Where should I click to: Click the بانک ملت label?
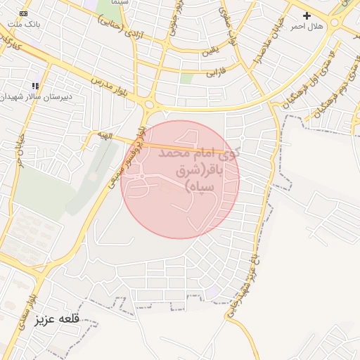[23, 24]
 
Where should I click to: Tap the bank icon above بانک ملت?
[24, 13]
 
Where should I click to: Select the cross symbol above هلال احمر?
[307, 15]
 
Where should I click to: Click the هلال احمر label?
[307, 26]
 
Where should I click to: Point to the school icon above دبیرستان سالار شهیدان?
[34, 86]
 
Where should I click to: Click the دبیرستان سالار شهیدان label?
[36, 96]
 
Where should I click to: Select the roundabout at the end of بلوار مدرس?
[149, 105]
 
